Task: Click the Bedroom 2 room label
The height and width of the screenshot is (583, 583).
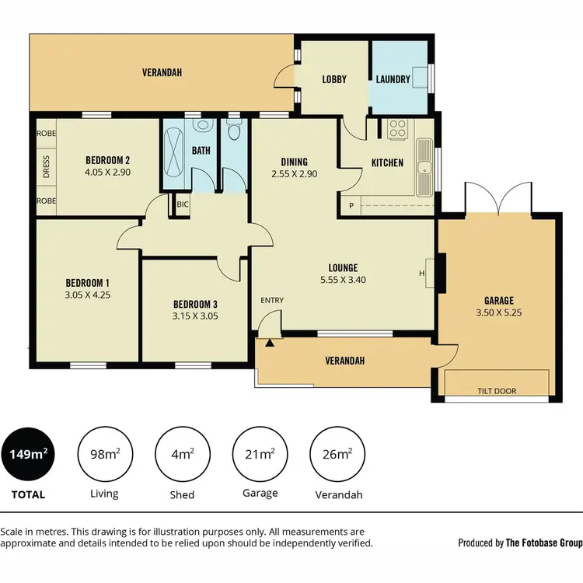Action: click(x=107, y=161)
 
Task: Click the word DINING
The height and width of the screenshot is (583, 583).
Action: click(x=294, y=162)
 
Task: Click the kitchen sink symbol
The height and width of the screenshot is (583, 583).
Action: click(x=424, y=167)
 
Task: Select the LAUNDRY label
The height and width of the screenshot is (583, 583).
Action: click(x=393, y=79)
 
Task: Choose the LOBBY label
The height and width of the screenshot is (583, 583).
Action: click(x=334, y=79)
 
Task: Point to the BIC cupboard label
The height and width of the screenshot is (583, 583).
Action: click(x=183, y=204)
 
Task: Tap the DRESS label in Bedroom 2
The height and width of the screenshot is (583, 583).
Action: click(x=46, y=168)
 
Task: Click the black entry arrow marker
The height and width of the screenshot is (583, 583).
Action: click(x=270, y=341)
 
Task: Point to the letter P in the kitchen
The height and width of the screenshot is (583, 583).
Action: click(x=351, y=205)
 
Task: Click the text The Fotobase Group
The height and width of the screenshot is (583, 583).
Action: click(x=544, y=543)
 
